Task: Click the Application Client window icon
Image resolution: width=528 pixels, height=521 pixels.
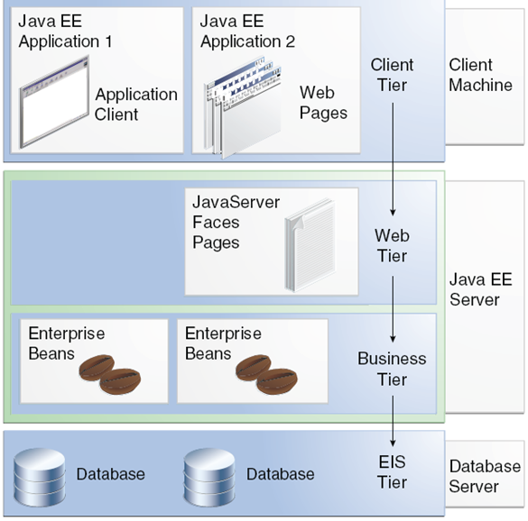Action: tap(54, 102)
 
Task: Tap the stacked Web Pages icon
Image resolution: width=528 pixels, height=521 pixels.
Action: tap(243, 108)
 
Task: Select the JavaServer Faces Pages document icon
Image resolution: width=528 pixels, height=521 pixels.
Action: tap(310, 245)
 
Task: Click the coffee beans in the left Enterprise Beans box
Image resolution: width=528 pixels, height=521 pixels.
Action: tap(110, 374)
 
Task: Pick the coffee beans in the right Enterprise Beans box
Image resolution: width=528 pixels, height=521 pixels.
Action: tap(266, 374)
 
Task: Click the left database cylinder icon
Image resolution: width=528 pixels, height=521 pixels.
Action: tap(40, 477)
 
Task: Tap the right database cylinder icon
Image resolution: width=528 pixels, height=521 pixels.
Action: tap(209, 477)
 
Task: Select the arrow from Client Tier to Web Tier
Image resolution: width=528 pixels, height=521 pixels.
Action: tap(393, 159)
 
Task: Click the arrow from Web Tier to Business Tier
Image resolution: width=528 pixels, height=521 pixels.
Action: tap(393, 309)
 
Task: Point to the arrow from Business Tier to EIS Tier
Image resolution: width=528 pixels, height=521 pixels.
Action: tap(393, 421)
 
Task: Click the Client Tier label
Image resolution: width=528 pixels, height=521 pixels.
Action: tap(393, 75)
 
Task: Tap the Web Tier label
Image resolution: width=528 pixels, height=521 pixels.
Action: tap(393, 245)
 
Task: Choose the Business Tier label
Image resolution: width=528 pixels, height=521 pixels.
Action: tap(392, 369)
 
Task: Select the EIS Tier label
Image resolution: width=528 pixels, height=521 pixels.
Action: tap(393, 472)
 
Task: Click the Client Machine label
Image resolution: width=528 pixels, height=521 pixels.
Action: tap(480, 75)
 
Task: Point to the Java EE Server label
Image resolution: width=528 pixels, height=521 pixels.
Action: tap(481, 289)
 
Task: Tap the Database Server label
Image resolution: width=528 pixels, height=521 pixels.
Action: tap(485, 476)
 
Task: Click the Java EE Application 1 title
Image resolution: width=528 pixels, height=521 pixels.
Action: tap(65, 32)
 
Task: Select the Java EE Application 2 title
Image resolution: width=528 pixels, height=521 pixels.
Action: tap(248, 32)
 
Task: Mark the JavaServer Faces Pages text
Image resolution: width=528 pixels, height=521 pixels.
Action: tap(236, 223)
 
